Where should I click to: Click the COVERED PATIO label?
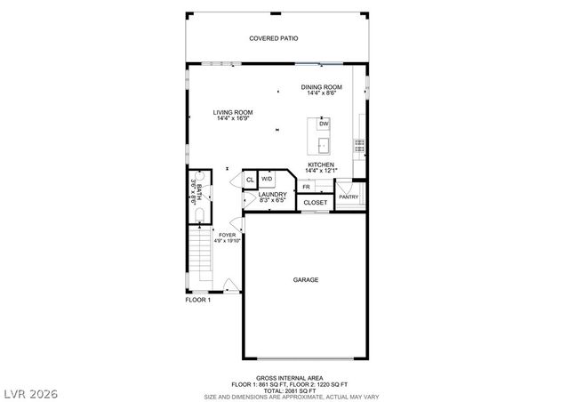point(273,39)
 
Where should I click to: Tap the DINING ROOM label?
point(321,87)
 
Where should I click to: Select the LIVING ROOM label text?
point(233,113)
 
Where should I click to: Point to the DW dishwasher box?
point(324,124)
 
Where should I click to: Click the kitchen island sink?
point(324,144)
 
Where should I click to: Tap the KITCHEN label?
point(320,165)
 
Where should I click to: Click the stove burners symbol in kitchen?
point(360,143)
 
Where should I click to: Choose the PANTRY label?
point(348,197)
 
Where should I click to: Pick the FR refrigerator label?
point(306,187)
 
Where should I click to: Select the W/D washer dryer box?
point(267,179)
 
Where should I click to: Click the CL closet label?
point(250,181)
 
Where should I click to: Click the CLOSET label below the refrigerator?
point(315,203)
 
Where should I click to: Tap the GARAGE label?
point(306,279)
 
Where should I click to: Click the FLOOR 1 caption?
point(197,300)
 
